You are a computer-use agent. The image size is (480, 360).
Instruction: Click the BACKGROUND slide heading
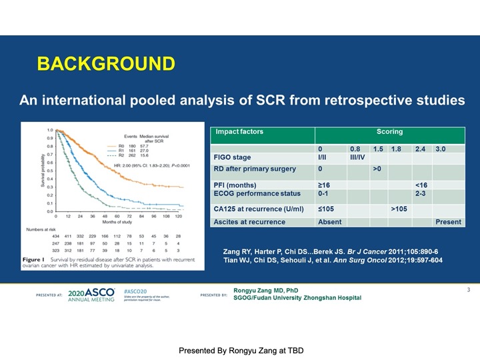coord(106,64)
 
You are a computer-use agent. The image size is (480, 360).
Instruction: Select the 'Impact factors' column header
coord(239,131)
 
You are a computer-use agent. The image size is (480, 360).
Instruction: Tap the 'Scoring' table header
coord(389,131)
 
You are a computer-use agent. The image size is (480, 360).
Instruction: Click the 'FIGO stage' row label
coord(232,158)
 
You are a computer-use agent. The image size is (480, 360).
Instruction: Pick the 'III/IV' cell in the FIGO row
coord(359,158)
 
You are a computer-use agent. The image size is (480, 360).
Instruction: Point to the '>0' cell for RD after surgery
coord(378,169)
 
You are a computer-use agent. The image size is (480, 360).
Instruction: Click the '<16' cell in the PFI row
coord(421,185)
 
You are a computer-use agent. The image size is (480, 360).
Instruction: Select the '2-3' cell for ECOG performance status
coord(421,194)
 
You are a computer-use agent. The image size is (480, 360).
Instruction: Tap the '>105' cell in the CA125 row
coord(400,209)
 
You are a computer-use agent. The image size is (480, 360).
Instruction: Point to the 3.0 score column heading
coord(441,148)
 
